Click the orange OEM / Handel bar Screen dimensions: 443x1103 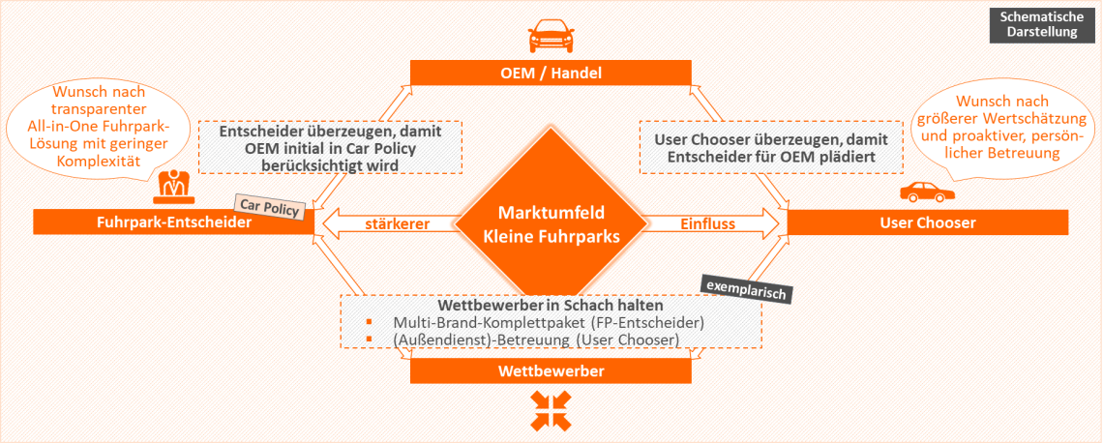click(551, 73)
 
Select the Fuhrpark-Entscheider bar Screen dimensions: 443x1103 click(174, 222)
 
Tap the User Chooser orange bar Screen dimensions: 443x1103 click(928, 222)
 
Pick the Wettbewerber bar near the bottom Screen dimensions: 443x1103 click(551, 371)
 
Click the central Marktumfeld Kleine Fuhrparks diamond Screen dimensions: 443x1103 click(551, 224)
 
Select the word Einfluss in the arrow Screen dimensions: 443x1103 click(707, 224)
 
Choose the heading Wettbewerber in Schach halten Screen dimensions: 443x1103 click(523, 305)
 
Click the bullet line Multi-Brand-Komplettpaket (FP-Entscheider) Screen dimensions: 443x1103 click(548, 322)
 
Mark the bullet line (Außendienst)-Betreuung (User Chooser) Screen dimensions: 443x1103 click(537, 340)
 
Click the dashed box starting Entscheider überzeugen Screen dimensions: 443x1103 click(330, 147)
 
